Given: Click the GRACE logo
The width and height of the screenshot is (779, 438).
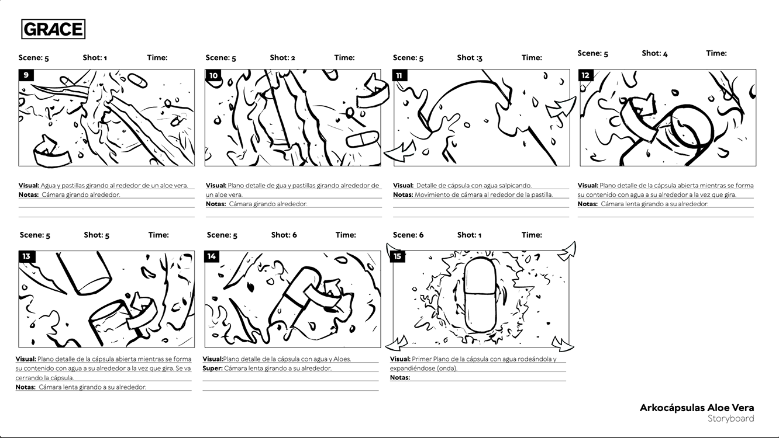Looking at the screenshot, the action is pyautogui.click(x=53, y=29).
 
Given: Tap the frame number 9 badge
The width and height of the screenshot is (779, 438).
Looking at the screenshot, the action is pyautogui.click(x=26, y=75).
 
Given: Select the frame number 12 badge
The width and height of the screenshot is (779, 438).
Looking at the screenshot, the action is pyautogui.click(x=585, y=75).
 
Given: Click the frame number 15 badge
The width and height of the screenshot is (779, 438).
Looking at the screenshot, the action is pyautogui.click(x=398, y=257).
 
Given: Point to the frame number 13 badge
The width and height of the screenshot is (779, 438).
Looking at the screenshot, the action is pyautogui.click(x=27, y=257).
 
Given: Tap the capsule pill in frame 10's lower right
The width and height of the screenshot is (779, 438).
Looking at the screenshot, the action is pyautogui.click(x=363, y=139).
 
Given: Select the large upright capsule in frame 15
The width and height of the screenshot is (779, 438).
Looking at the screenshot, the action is pyautogui.click(x=480, y=295).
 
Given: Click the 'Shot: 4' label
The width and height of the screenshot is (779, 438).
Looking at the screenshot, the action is pyautogui.click(x=654, y=54).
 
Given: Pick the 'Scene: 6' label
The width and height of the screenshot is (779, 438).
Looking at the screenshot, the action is pyautogui.click(x=408, y=235).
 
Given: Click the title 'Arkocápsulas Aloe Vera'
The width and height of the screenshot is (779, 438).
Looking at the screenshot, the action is pyautogui.click(x=697, y=408).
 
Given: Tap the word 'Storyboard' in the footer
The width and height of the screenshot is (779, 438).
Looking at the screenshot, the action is pyautogui.click(x=730, y=419).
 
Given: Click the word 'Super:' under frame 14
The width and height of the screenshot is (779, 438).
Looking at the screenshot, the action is pyautogui.click(x=212, y=368).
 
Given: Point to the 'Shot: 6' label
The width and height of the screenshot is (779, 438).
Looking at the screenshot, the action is pyautogui.click(x=284, y=235).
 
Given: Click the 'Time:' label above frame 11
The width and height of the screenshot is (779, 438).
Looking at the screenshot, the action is pyautogui.click(x=532, y=58).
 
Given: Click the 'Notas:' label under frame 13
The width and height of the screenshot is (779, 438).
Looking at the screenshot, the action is pyautogui.click(x=25, y=387).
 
